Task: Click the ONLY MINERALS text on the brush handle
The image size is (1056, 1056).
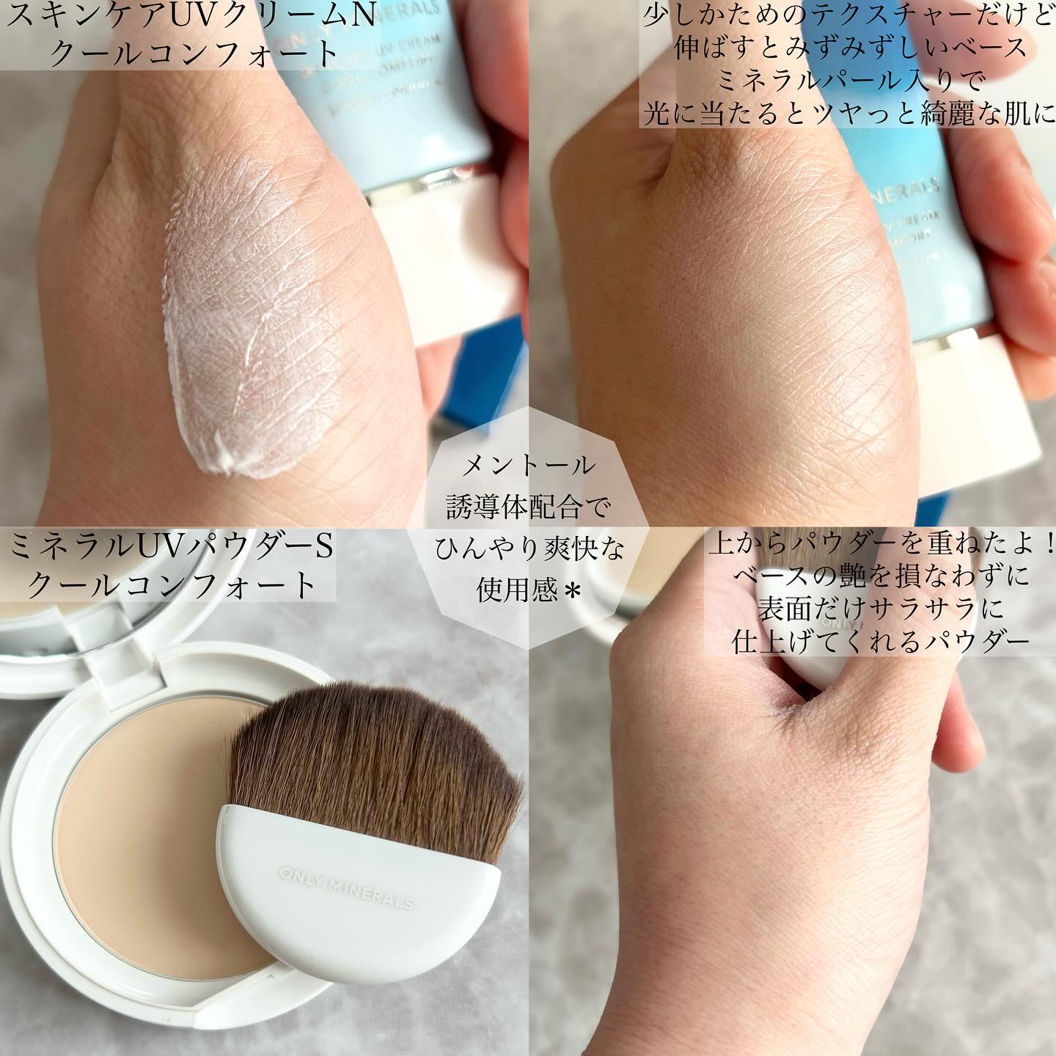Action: pos(346,888)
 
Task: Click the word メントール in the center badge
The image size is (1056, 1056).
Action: pos(528,465)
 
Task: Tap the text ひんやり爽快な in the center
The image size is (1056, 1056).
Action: pos(528,549)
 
